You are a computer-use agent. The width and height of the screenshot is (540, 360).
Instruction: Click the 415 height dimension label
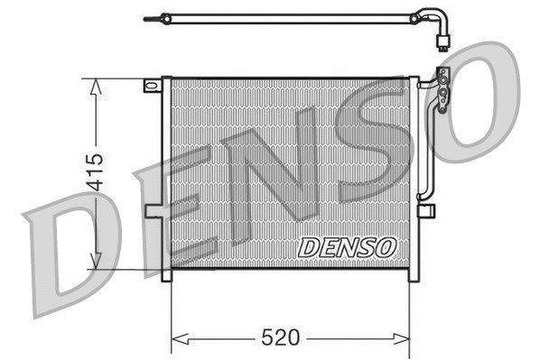(x=97, y=173)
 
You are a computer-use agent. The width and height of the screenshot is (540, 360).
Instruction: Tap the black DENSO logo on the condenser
(x=346, y=245)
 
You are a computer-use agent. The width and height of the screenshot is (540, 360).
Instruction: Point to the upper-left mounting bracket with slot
(x=152, y=87)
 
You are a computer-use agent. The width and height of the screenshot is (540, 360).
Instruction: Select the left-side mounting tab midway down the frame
(x=154, y=210)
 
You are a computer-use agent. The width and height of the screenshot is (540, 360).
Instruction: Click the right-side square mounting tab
(x=426, y=211)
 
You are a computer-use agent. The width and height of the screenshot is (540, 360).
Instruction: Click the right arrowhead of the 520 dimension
(x=405, y=339)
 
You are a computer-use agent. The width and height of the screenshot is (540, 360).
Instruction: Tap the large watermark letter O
(x=483, y=99)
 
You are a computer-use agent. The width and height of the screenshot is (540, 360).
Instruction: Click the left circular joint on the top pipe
(x=165, y=17)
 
